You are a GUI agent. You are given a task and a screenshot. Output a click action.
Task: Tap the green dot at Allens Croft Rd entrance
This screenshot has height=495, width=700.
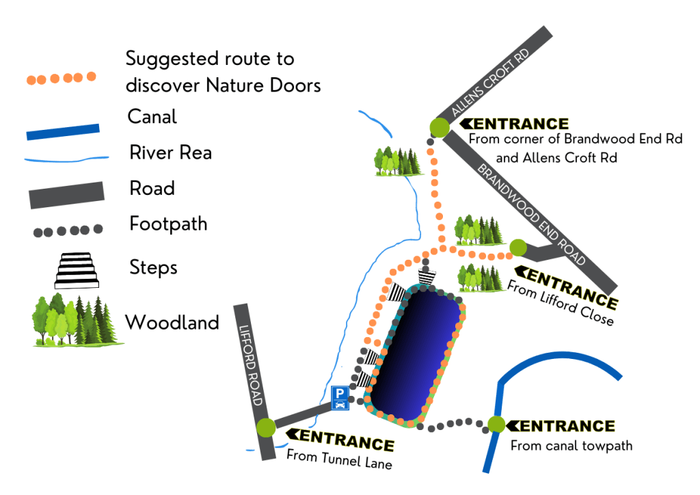[x=439, y=127]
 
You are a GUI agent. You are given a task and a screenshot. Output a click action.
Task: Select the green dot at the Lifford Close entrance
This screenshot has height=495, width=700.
[x=518, y=247]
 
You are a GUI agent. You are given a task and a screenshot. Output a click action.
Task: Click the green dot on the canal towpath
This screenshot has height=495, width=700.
[x=496, y=425]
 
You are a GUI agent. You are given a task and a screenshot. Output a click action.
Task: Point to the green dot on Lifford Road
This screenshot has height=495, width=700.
[x=266, y=427]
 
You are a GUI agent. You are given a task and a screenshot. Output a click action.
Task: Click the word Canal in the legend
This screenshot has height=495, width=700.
[x=152, y=117]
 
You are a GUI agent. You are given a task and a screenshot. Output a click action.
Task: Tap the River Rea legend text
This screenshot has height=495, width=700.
[x=170, y=152]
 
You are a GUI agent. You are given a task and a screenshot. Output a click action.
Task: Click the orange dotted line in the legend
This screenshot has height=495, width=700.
[x=62, y=78]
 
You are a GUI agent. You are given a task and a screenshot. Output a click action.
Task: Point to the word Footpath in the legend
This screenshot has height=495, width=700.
[x=168, y=224]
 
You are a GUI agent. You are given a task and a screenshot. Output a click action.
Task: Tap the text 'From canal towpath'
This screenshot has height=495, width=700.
[x=571, y=446]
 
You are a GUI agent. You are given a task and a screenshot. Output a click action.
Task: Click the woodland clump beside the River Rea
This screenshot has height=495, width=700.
[x=397, y=161]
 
